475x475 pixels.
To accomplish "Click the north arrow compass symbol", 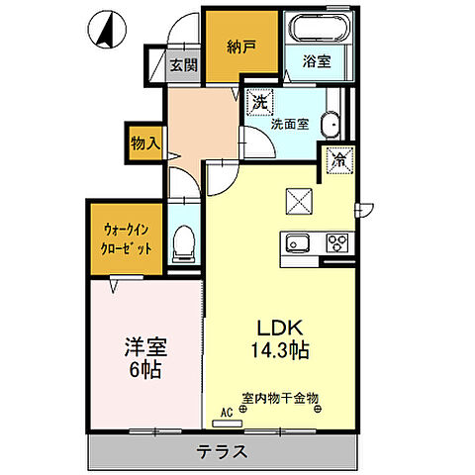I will point(103,30).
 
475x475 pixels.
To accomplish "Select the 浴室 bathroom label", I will point(318,60).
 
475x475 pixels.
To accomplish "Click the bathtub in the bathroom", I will point(317,28).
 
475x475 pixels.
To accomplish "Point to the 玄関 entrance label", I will point(182,66).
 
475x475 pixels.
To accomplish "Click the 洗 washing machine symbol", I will point(259,101).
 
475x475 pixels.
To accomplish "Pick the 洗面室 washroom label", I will point(291,124).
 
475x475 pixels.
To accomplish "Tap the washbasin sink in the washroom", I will point(331,125).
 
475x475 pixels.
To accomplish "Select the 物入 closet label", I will point(144,142).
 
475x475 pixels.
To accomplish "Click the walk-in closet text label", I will point(126,238).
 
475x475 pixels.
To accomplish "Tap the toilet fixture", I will point(184,243).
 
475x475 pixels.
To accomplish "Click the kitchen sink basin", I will point(296,243).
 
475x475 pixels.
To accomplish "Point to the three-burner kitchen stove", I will point(336,243).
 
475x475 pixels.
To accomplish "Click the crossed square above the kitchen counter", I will point(298,200).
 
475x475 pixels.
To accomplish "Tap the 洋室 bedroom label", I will point(145,347).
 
